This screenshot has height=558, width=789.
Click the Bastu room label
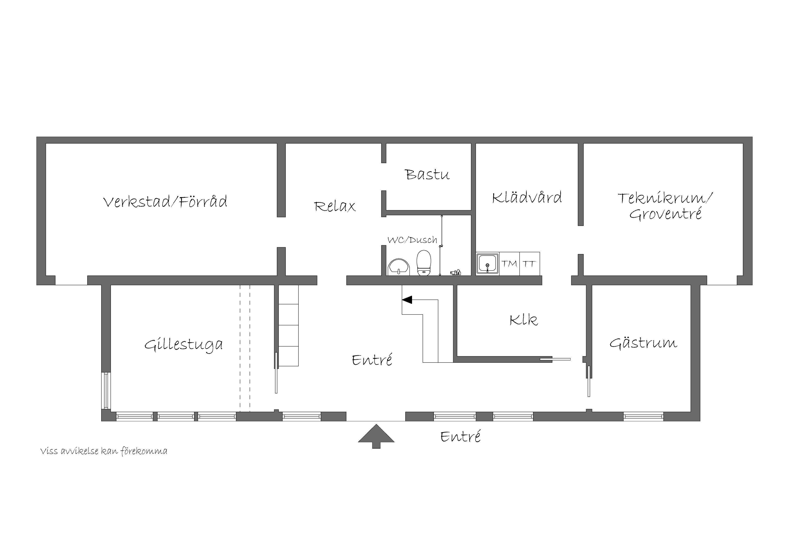pyautogui.click(x=428, y=174)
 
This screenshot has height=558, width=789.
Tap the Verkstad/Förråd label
pyautogui.click(x=165, y=201)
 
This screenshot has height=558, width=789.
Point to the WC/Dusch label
pyautogui.click(x=412, y=240)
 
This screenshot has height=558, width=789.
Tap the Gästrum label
pyautogui.click(x=643, y=342)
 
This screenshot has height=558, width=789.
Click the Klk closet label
pyautogui.click(x=524, y=320)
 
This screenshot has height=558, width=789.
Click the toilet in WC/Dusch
pyautogui.click(x=424, y=263)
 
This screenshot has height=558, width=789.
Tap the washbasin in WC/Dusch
pyautogui.click(x=399, y=267)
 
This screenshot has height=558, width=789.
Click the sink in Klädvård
pyautogui.click(x=488, y=264)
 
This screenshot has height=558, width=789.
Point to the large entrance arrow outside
pyautogui.click(x=376, y=436)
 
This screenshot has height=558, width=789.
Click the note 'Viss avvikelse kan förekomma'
pyautogui.click(x=104, y=451)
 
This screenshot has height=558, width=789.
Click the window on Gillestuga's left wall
pyautogui.click(x=106, y=391)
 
